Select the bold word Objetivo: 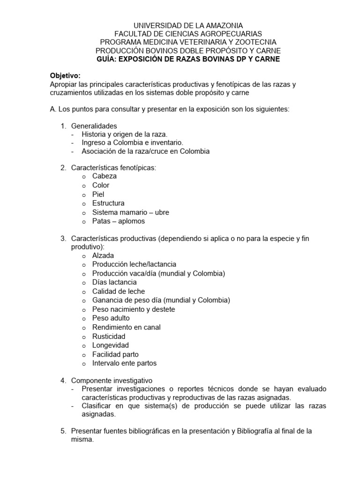[x=65, y=75]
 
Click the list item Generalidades [x=94, y=126]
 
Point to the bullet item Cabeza [x=105, y=176]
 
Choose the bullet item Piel [x=98, y=194]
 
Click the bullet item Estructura [x=108, y=203]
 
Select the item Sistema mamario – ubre [x=130, y=212]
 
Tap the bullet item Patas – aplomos [x=119, y=221]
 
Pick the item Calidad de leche [x=118, y=291]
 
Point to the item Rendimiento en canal [x=126, y=327]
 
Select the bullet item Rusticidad [x=109, y=336]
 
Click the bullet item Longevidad [x=110, y=345]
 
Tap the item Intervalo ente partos [x=124, y=363]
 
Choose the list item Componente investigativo [x=112, y=380]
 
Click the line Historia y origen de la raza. [x=124, y=134]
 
